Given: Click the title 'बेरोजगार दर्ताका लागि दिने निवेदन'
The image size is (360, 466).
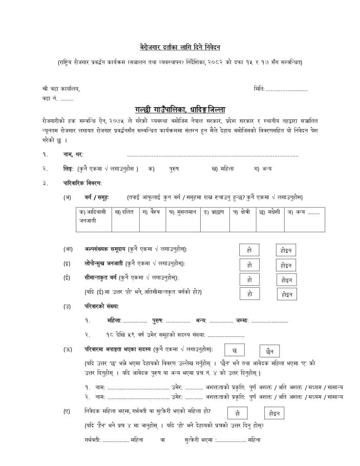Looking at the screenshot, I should point(180,47).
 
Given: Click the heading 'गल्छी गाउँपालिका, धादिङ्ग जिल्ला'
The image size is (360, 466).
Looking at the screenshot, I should point(180,110).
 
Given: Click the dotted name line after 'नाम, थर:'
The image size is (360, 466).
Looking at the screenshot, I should point(213,155).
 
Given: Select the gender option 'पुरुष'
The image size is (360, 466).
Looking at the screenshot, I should point(174,168).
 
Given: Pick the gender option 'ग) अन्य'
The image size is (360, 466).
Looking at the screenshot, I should point(263,168).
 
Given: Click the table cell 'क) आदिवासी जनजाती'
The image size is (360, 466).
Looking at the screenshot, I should point(93,216).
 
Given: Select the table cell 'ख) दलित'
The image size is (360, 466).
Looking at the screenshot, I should point(124,212).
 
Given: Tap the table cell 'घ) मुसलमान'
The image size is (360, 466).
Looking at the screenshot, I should point(182,212).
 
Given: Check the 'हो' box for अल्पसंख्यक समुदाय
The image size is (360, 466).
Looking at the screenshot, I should point(249,250).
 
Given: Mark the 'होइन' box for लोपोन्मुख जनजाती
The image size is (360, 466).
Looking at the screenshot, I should point(286,266).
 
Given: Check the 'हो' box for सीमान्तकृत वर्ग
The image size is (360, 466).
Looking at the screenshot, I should point(249,280).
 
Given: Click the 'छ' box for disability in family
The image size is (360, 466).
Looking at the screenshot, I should point(235,351).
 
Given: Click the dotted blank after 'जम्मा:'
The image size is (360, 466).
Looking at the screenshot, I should point(269,321).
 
